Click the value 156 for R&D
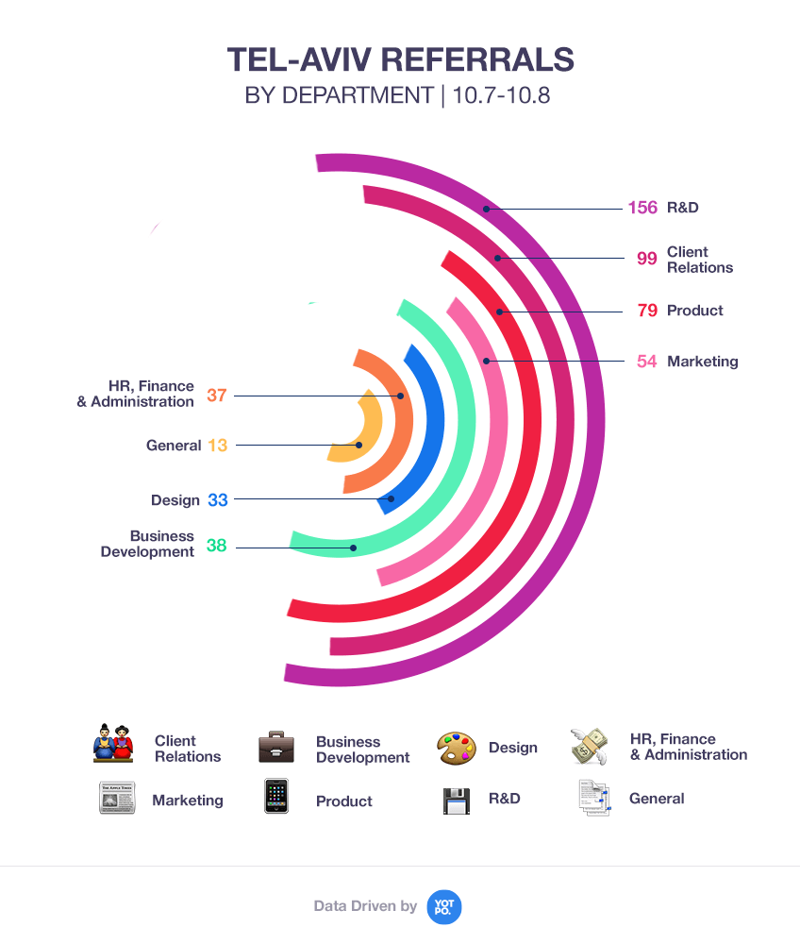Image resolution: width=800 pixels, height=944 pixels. coord(642,208)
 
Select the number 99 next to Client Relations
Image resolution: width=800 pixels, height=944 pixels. coord(646,259)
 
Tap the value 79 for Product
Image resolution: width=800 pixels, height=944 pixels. coord(646,311)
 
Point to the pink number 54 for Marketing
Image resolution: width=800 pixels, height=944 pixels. coord(646,362)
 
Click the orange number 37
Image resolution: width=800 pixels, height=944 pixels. coord(217,395)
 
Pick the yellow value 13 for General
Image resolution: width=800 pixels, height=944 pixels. coord(218,446)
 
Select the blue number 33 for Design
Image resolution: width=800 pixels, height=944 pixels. coord(218,500)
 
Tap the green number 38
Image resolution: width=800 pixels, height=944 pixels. coord(217,545)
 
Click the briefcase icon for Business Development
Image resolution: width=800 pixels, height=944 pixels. coord(277,748)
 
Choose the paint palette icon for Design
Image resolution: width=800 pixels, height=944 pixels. coord(457,749)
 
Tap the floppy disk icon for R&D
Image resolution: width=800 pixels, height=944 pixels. coord(457,800)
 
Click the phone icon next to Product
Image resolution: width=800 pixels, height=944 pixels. coord(275,797)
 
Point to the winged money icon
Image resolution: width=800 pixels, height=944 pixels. coord(590,746)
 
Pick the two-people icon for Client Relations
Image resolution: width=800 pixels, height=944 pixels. coord(113,744)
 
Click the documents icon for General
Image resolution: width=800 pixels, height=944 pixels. coord(592,799)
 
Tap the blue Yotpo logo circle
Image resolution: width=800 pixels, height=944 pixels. coord(444,906)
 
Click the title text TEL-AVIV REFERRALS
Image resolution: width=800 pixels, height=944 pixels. coord(400,59)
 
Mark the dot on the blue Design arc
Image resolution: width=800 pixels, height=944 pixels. coord(391,498)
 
